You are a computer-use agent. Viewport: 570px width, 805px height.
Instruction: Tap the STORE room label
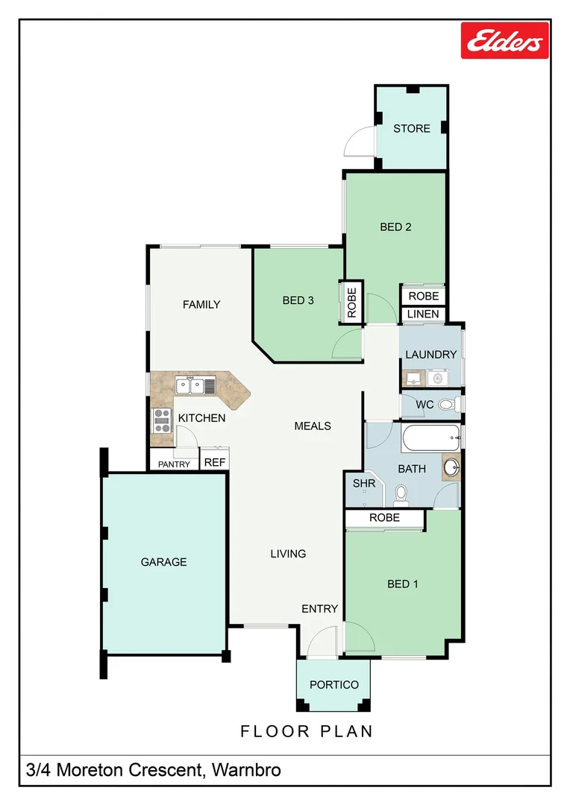pos(412,128)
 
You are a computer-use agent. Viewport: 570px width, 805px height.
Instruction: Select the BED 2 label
pos(395,227)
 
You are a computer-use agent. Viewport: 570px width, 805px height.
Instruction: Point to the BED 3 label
pos(298,300)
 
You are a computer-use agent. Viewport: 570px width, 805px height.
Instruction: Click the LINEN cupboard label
pos(423,315)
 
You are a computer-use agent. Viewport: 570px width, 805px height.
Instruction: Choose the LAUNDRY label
pos(430,354)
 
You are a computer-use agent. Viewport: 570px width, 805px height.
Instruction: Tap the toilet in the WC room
pos(446,405)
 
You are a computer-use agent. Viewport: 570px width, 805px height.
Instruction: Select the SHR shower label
pos(363,484)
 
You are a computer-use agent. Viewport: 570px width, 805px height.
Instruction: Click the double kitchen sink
pos(195,386)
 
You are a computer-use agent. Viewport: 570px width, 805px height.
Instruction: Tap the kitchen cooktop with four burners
pos(162,421)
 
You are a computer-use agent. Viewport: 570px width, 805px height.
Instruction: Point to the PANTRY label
pos(174,464)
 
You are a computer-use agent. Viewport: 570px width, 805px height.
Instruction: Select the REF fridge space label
pos(215,463)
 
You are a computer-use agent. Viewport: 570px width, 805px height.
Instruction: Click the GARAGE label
pos(163,562)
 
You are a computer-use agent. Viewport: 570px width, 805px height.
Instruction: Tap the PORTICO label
pos(334,685)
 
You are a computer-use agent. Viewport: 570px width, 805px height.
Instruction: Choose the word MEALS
pos(313,426)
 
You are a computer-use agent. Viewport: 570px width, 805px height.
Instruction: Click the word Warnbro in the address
pos(247,770)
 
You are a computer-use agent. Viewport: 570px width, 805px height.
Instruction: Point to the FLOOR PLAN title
pos(307,731)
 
